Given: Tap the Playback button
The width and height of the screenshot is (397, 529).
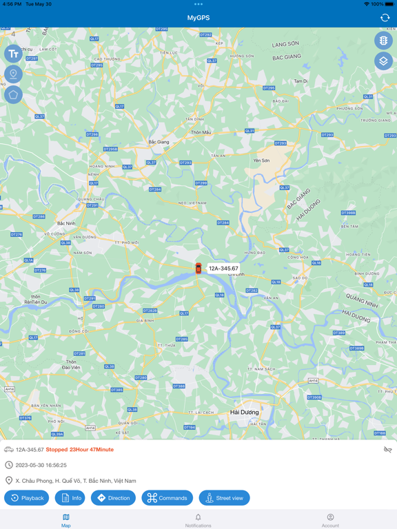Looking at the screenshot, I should (x=27, y=498).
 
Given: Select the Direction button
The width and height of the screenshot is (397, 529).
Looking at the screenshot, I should (x=113, y=498).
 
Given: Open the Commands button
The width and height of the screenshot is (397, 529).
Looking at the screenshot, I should (x=167, y=498).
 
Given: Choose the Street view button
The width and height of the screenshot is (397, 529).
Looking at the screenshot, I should (x=225, y=498).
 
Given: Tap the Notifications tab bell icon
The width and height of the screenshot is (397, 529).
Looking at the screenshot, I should (x=198, y=517).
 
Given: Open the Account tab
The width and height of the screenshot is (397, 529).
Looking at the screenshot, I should (x=330, y=520).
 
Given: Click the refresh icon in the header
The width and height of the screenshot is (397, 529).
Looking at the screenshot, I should (x=385, y=18).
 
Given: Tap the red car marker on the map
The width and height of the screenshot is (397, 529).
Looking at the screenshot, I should (x=198, y=269).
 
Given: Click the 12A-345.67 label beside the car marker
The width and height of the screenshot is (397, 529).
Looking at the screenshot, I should (x=223, y=269).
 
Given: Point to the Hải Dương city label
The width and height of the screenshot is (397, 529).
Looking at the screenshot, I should (x=245, y=413).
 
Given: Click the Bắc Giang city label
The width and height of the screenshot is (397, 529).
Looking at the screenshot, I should (x=159, y=143).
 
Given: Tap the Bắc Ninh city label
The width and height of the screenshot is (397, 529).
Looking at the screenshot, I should (x=66, y=224).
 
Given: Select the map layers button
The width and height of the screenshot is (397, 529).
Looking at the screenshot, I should (x=383, y=61).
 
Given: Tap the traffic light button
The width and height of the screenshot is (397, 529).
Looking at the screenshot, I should (x=383, y=41).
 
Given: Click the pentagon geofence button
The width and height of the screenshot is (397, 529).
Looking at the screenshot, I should (x=13, y=95).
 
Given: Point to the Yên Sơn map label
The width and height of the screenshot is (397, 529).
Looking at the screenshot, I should (x=261, y=160).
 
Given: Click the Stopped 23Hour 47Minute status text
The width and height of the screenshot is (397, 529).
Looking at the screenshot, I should (x=80, y=450).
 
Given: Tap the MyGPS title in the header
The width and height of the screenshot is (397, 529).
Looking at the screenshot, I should (x=198, y=18).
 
